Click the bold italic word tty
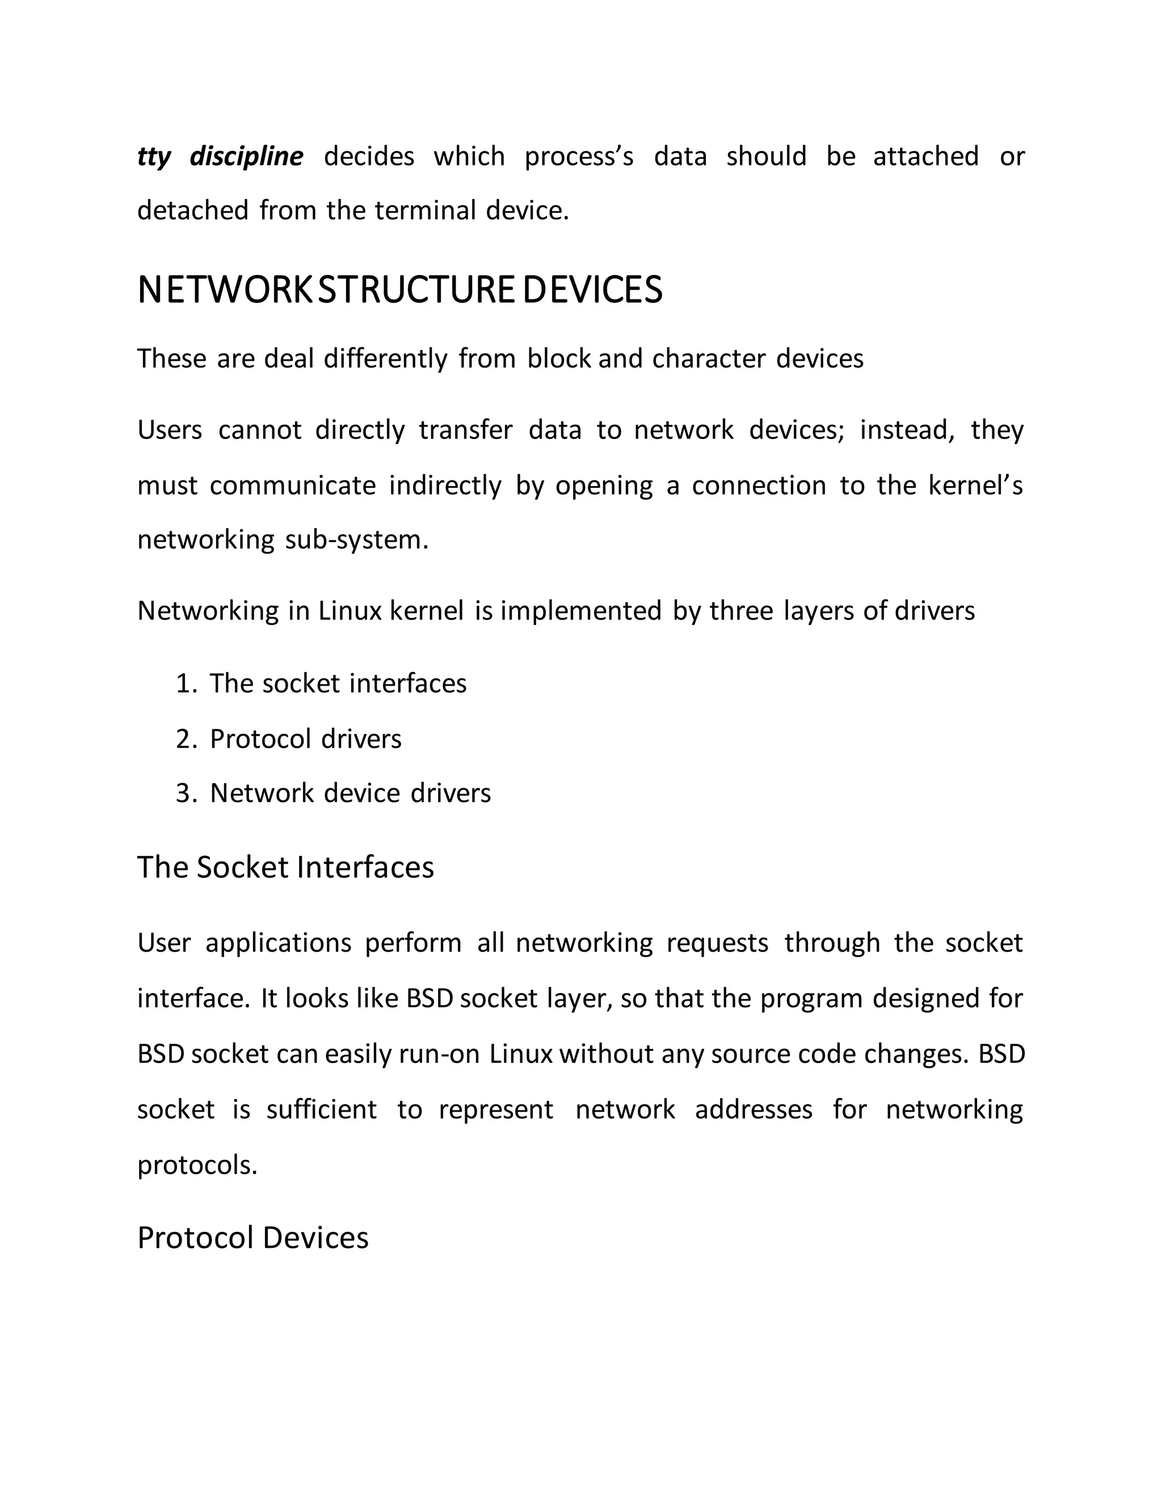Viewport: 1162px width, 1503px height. [x=154, y=157]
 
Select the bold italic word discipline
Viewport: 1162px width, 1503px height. [x=246, y=157]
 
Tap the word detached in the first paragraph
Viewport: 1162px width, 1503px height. [x=193, y=210]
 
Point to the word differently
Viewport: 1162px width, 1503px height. [x=385, y=359]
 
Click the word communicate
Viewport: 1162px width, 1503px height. [x=293, y=486]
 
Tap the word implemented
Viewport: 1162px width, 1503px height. [x=580, y=611]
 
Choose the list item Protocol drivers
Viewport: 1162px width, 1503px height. [x=306, y=739]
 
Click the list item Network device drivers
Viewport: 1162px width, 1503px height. [x=351, y=793]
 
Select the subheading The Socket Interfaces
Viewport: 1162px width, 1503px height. [x=286, y=867]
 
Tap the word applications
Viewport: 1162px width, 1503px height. [x=278, y=943]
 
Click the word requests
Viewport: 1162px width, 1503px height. [x=717, y=943]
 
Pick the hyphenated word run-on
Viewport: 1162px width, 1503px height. [x=439, y=1054]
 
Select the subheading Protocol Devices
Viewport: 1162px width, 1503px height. [x=252, y=1238]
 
